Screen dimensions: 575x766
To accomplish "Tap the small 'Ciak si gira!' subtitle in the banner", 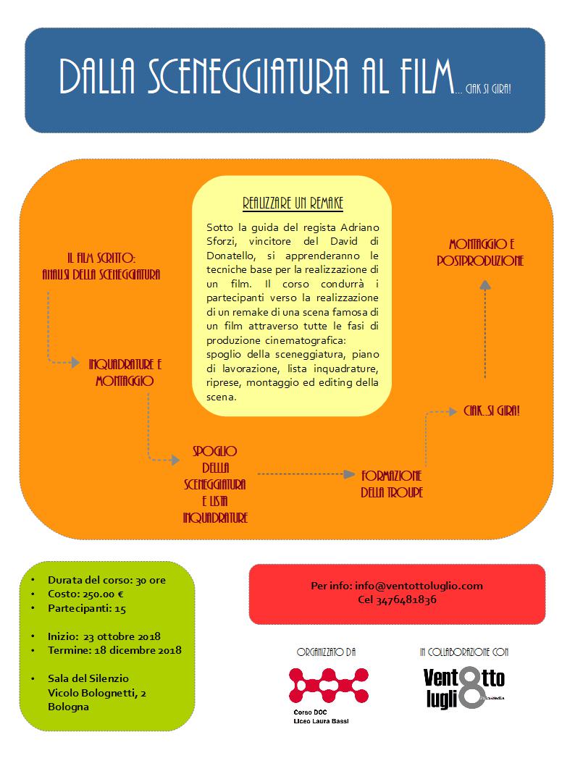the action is pyautogui.click(x=488, y=89).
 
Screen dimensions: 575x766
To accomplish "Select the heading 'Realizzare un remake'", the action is pyautogui.click(x=293, y=203).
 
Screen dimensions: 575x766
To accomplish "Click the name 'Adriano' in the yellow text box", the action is pyautogui.click(x=360, y=227).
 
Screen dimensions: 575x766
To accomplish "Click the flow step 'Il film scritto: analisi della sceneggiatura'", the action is pyautogui.click(x=101, y=266).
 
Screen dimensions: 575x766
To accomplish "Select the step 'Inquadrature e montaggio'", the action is pyautogui.click(x=125, y=373).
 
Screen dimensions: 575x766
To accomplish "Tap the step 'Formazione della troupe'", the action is pyautogui.click(x=392, y=484).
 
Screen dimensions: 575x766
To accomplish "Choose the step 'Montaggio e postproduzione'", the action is pyautogui.click(x=480, y=252).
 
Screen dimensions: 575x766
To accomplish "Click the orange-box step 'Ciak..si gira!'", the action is pyautogui.click(x=492, y=411).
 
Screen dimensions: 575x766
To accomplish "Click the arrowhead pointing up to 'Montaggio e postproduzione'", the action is pyautogui.click(x=484, y=285).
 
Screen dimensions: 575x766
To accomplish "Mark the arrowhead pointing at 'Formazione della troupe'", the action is pyautogui.click(x=349, y=474).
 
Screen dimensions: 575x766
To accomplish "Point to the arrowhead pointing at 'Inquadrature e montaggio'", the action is pyautogui.click(x=75, y=362).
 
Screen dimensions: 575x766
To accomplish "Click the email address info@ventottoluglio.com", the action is pyautogui.click(x=419, y=586).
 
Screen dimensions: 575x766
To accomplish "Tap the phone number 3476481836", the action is pyautogui.click(x=406, y=600).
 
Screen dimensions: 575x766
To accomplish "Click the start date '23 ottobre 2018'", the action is pyautogui.click(x=122, y=636).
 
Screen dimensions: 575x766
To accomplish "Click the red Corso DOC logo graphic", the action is pyautogui.click(x=328, y=686).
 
